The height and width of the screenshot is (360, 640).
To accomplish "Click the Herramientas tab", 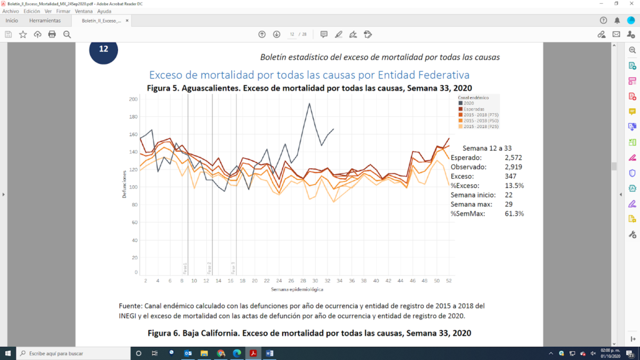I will pyautogui.click(x=45, y=21).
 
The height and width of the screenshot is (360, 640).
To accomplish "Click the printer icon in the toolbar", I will pyautogui.click(x=52, y=34).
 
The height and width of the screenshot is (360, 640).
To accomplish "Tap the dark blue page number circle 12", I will pyautogui.click(x=104, y=49).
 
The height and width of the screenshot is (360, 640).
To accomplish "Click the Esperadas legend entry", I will pyautogui.click(x=473, y=109).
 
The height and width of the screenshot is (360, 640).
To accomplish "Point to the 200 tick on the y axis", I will pyautogui.click(x=132, y=99).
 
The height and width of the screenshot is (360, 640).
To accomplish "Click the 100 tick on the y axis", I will pyautogui.click(x=132, y=186).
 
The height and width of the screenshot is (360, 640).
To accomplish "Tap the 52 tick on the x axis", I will pyautogui.click(x=449, y=281).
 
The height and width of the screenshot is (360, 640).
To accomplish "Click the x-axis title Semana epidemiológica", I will pyautogui.click(x=297, y=290).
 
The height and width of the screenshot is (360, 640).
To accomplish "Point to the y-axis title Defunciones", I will pyautogui.click(x=124, y=184).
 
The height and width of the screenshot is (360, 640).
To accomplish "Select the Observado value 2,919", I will pyautogui.click(x=513, y=167).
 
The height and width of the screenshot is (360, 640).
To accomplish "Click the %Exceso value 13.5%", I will pyautogui.click(x=513, y=186).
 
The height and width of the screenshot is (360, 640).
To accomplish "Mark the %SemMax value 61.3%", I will pyautogui.click(x=513, y=214).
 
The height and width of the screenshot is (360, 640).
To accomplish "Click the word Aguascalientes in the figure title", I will pyautogui.click(x=209, y=87).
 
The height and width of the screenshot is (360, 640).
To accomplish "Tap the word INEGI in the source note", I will pyautogui.click(x=128, y=315).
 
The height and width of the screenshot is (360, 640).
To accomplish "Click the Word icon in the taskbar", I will pyautogui.click(x=269, y=353).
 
